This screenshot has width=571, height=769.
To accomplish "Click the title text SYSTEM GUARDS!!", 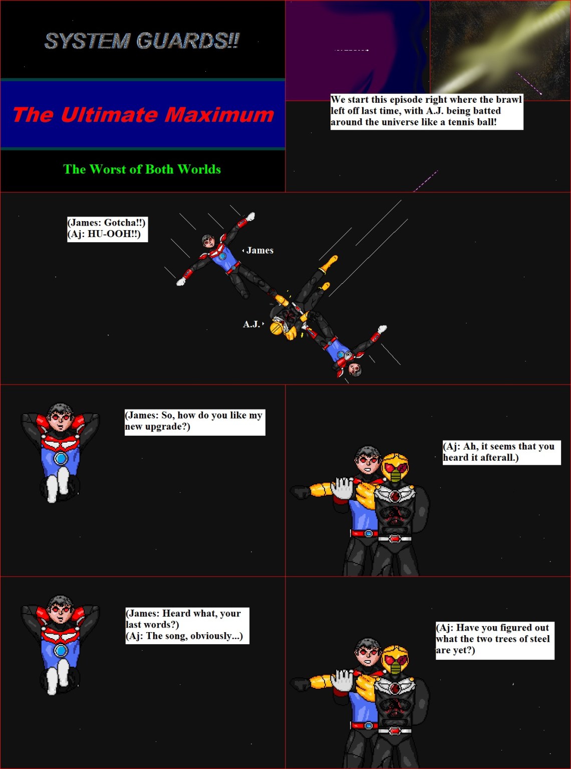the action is coord(142,41).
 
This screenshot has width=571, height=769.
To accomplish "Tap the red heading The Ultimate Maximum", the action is coord(143,114).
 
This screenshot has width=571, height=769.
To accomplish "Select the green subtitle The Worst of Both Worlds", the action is coord(142,169).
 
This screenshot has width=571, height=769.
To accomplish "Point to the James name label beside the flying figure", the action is coord(259,250).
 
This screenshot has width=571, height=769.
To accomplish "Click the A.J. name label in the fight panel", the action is coord(251,324).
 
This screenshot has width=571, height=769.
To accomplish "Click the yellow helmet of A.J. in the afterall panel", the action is coord(395,467).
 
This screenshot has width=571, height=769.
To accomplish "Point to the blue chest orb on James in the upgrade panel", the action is coord(61,458).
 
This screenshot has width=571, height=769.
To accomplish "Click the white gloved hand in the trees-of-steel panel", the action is coord(342,682).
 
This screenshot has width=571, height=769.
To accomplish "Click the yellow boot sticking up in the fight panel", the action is coord(330,263).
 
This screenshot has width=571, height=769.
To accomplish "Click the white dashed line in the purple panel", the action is coord(351,50).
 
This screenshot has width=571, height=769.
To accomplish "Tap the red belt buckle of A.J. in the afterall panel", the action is coord(395,539).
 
